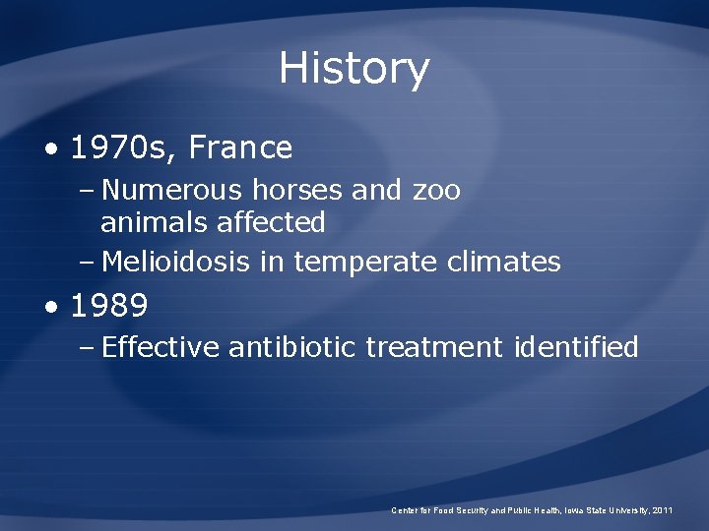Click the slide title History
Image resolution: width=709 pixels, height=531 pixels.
354,69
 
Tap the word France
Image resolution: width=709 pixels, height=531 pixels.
240,148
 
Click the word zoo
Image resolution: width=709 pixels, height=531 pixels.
437,190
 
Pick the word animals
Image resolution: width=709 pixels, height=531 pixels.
149,223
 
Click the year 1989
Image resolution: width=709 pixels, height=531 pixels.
109,307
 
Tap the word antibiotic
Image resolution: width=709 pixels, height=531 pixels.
292,347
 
